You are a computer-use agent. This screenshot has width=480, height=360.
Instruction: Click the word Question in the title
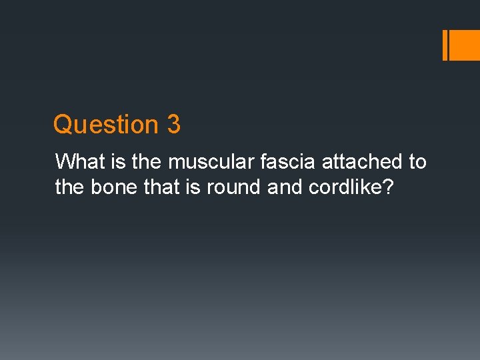click(104, 125)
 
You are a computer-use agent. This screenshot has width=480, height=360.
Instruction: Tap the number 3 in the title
click(173, 125)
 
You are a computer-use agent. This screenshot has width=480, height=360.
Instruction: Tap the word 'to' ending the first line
click(417, 162)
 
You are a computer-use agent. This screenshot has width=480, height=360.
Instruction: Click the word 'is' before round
click(193, 187)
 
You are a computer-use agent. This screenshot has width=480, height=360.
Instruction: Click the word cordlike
click(347, 187)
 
